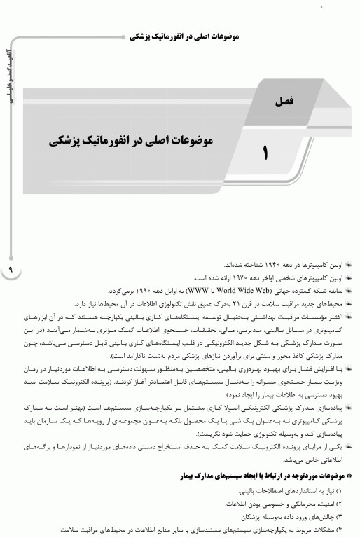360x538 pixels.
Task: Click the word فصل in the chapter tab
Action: coord(285,101)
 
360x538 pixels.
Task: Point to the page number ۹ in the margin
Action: coord(11,269)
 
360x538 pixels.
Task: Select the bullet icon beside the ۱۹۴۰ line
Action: coord(348,265)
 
